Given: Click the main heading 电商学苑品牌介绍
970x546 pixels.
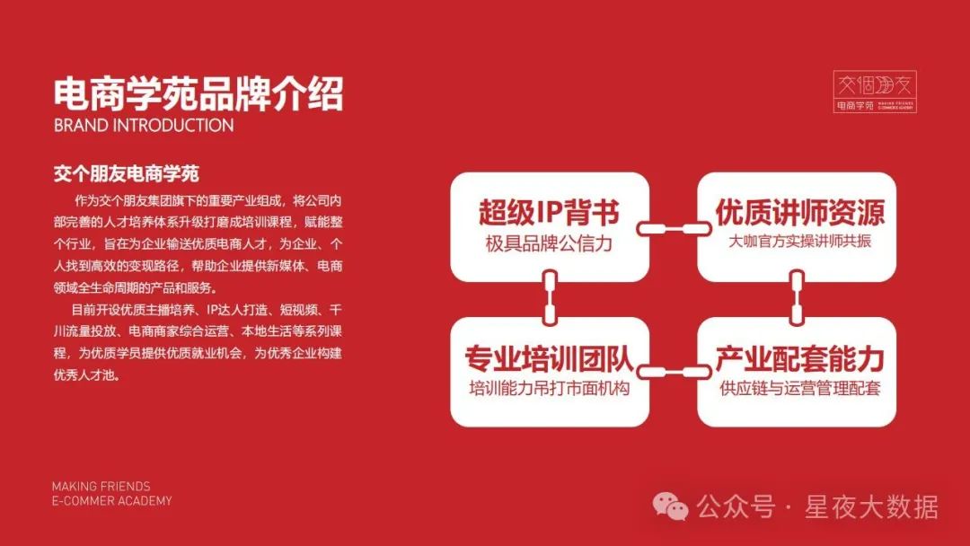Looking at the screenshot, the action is pos(198,93).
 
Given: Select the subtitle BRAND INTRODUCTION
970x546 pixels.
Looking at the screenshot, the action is pos(144,126).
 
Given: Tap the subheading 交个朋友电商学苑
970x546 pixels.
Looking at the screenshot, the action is pos(127,173).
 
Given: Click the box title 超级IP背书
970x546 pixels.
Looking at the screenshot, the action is pos(549,212).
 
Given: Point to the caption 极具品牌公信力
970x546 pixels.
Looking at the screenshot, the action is pos(549,243).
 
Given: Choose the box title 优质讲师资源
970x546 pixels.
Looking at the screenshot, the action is pos(800,212).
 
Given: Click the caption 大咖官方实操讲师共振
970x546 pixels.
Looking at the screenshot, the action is pos(799,242).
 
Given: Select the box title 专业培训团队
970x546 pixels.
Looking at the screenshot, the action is pos(550,358).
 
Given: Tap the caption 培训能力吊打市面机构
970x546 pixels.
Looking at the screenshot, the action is pos(550,388).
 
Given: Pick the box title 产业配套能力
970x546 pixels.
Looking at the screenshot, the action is pos(800,358).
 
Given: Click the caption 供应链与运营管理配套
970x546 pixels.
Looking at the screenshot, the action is pos(800,388).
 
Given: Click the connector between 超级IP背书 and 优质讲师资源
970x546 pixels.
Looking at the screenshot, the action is pos(674,229).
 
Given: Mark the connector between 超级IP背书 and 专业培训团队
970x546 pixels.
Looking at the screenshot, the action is pos(550,297).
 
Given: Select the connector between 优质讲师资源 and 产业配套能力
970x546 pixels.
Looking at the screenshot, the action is pos(798,297).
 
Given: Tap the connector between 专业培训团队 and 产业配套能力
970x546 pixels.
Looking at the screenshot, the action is pos(674,373).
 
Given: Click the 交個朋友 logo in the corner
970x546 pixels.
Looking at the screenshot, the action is pos(875,92).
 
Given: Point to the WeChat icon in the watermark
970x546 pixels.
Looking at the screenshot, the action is pos(671,506).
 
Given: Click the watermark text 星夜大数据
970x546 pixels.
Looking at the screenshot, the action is pos(871,507).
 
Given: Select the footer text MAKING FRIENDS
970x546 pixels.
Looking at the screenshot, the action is pos(101,487).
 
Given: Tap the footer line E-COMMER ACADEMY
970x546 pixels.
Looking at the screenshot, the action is pos(112,501).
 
